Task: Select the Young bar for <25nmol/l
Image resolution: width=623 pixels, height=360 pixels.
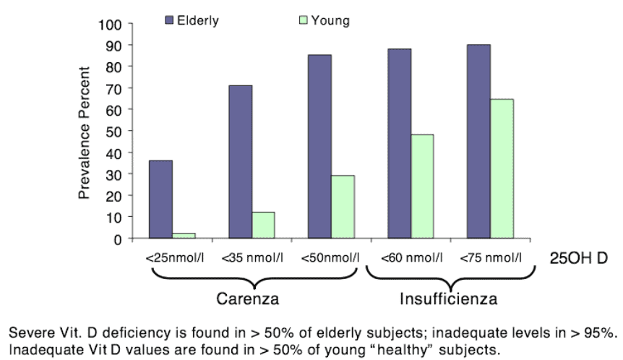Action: [184, 235]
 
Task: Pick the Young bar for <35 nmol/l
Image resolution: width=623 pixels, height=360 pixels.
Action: [263, 225]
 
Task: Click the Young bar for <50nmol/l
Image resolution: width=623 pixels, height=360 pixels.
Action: [343, 207]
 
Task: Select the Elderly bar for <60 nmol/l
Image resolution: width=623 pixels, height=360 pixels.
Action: [400, 143]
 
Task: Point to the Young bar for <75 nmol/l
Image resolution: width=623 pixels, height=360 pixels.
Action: [502, 168]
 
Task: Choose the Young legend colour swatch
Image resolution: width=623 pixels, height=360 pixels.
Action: [304, 21]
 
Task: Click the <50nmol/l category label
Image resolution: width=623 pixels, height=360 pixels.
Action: [331, 257]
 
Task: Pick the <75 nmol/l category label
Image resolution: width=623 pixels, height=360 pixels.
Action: [490, 257]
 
